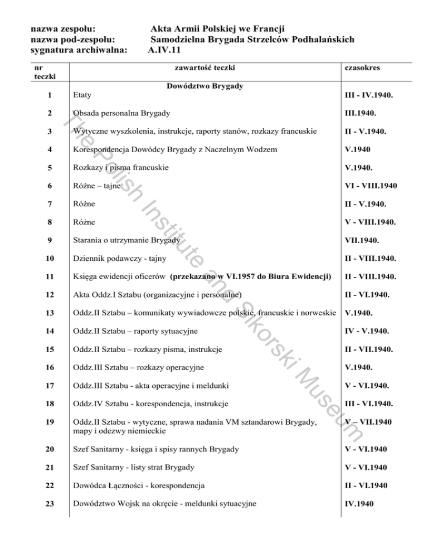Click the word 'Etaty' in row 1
[83, 95]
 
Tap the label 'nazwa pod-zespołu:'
[74, 39]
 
